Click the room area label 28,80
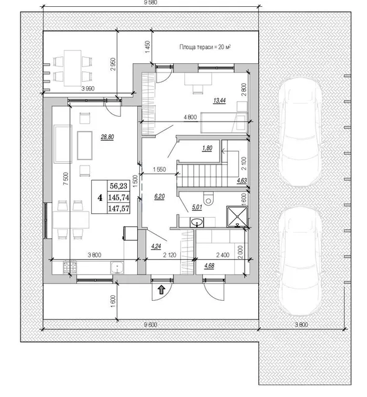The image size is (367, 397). coord(107,137)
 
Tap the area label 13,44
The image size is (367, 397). coord(219,100)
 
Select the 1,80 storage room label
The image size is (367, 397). coord(207,148)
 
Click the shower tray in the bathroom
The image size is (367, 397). coord(237,216)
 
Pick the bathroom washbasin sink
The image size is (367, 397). coord(197,223)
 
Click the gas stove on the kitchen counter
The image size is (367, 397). coord(70,267)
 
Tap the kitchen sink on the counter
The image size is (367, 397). coord(117,267)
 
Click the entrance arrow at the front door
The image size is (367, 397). coord(161,290)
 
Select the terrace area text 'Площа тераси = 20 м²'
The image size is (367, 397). coord(205,47)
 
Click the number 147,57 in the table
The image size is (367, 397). coord(119,208)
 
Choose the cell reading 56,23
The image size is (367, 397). coord(119,186)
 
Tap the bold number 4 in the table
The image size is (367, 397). coord(100,197)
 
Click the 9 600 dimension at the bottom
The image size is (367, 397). coord(150,324)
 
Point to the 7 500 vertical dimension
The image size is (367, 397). coord(66,179)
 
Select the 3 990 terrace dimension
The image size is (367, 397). coord(88,89)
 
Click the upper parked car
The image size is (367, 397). coord(300,132)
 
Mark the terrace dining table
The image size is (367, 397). coord(73,68)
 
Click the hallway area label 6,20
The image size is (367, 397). coord(160,197)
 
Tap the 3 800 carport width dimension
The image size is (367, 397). coord(301,324)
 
